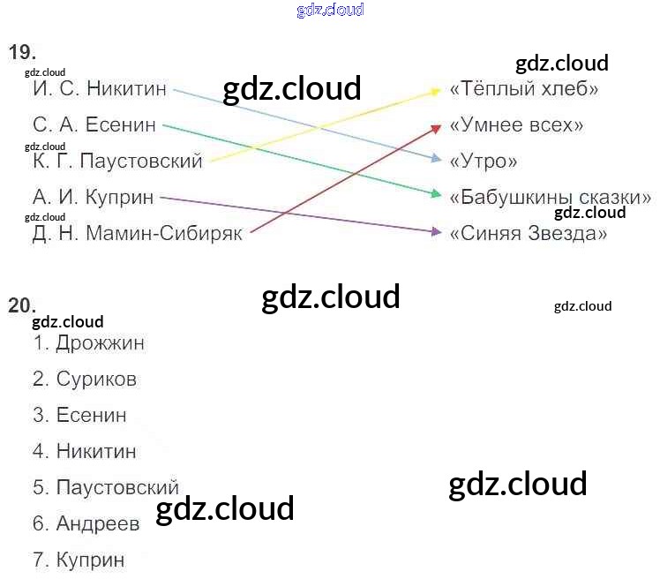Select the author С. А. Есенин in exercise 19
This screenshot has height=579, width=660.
[94, 125]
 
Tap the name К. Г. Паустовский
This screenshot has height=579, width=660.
[117, 162]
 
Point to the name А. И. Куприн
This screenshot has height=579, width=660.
[93, 198]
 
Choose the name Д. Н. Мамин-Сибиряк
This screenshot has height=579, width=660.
[137, 234]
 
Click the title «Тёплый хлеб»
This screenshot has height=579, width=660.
[524, 89]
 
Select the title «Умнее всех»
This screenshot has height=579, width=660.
[516, 125]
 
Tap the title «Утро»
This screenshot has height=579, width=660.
[483, 162]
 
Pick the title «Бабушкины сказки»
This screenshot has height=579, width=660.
[550, 197]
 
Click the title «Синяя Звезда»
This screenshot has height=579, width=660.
[529, 234]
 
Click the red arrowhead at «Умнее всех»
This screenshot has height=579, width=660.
[436, 127]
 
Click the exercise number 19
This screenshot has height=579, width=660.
[22, 52]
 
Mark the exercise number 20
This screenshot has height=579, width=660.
[22, 306]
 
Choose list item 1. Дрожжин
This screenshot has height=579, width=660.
[88, 343]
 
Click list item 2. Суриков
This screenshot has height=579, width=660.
[85, 380]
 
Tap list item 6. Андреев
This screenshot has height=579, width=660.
[86, 524]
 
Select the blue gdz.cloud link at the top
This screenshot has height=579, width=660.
[330, 11]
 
